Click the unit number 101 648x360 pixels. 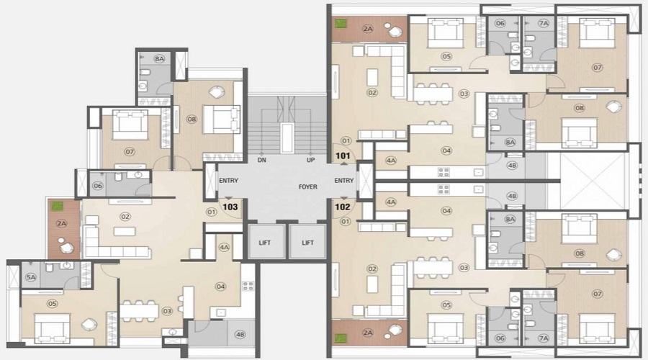pyautogui.click(x=343, y=156)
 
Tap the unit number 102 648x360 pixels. pyautogui.click(x=343, y=205)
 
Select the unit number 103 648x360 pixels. pyautogui.click(x=230, y=206)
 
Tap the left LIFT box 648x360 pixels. pyautogui.click(x=265, y=243)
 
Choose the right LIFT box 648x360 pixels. pyautogui.click(x=307, y=243)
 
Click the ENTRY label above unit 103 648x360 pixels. pyautogui.click(x=229, y=181)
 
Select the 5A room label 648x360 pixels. pyautogui.click(x=31, y=277)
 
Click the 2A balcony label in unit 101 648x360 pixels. pyautogui.click(x=367, y=30)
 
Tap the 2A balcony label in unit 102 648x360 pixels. pyautogui.click(x=367, y=333)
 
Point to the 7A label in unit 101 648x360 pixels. pyautogui.click(x=544, y=24)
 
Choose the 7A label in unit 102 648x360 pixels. pyautogui.click(x=544, y=337)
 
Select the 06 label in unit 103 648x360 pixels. pyautogui.click(x=98, y=186)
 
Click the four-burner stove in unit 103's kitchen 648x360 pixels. pyautogui.click(x=248, y=286)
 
